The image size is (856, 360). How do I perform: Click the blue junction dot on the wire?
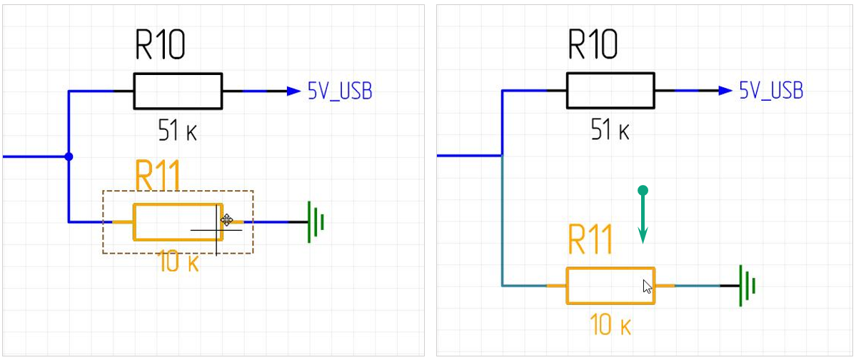coord(69,156)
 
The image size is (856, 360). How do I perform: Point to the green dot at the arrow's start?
coord(643,190)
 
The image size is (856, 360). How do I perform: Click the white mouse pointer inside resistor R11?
coord(647,287)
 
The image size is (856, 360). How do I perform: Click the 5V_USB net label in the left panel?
coord(340,91)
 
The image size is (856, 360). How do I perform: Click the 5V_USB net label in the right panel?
coord(771,91)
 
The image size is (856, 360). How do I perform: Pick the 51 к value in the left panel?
coord(178,130)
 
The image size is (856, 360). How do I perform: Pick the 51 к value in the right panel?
coord(610,130)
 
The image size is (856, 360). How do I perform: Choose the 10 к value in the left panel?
coord(178,263)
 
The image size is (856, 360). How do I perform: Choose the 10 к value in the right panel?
coord(611,326)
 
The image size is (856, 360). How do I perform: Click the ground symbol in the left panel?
coord(315,222)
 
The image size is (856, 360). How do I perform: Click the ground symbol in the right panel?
coord(746,285)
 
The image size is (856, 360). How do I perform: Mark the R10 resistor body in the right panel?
coord(610,91)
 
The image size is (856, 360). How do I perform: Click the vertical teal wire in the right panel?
coord(503,221)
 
